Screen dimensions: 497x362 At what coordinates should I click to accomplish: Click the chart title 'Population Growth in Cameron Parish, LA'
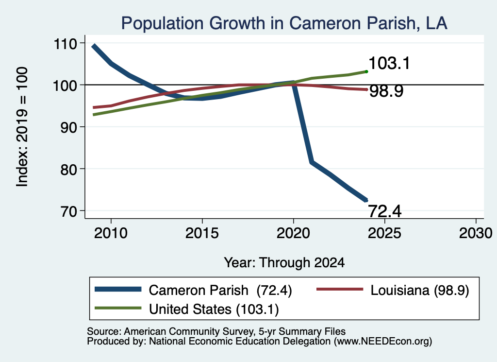point(284,23)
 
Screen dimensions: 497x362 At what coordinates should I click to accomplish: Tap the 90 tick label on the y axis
point(69,127)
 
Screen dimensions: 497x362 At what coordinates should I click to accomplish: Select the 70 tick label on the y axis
point(69,211)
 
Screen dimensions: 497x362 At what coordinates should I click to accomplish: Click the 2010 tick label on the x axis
point(111,234)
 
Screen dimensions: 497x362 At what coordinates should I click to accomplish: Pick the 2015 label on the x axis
point(202,234)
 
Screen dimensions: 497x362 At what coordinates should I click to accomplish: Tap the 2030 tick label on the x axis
point(476,234)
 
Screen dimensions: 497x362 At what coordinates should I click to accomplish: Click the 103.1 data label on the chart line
point(389,63)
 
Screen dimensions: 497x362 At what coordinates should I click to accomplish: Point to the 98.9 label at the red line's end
point(386,91)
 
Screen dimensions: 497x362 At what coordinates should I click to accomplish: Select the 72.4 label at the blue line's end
point(385,211)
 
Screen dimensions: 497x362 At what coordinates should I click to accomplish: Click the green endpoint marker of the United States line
point(366,72)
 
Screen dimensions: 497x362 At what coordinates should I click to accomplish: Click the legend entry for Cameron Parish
point(193,290)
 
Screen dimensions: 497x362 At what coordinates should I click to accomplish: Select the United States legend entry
point(187,309)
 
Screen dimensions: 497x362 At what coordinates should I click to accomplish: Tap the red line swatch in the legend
point(340,289)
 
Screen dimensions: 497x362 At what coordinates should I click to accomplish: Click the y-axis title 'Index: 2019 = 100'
point(22,127)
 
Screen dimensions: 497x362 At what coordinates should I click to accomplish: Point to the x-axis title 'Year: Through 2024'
point(284,263)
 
